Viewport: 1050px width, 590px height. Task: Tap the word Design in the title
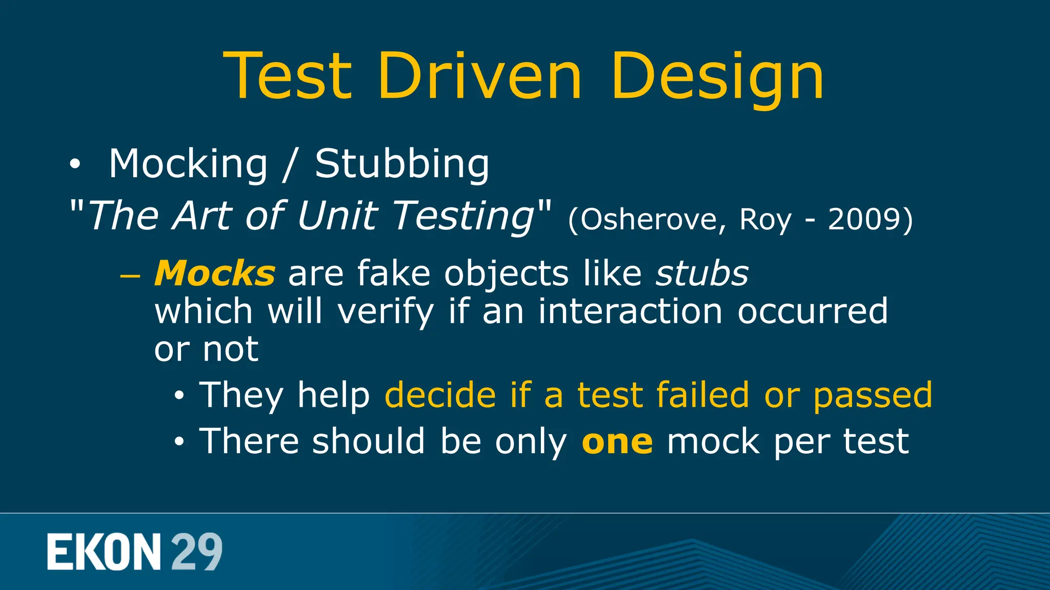[x=717, y=77]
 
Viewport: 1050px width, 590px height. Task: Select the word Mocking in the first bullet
[x=188, y=164]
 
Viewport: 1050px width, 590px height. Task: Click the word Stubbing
[x=402, y=164]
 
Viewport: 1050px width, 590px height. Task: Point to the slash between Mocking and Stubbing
[x=291, y=165]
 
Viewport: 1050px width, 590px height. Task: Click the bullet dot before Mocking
[x=75, y=164]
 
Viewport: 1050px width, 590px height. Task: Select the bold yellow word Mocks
[x=215, y=273]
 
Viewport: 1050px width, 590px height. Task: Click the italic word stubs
[x=702, y=273]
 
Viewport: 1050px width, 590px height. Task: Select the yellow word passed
[x=873, y=396]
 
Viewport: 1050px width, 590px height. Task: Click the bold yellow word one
[x=617, y=442]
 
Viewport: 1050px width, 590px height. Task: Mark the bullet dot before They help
[x=178, y=396]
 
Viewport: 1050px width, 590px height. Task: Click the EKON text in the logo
[x=104, y=552]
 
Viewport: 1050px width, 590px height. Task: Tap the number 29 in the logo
[x=196, y=552]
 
